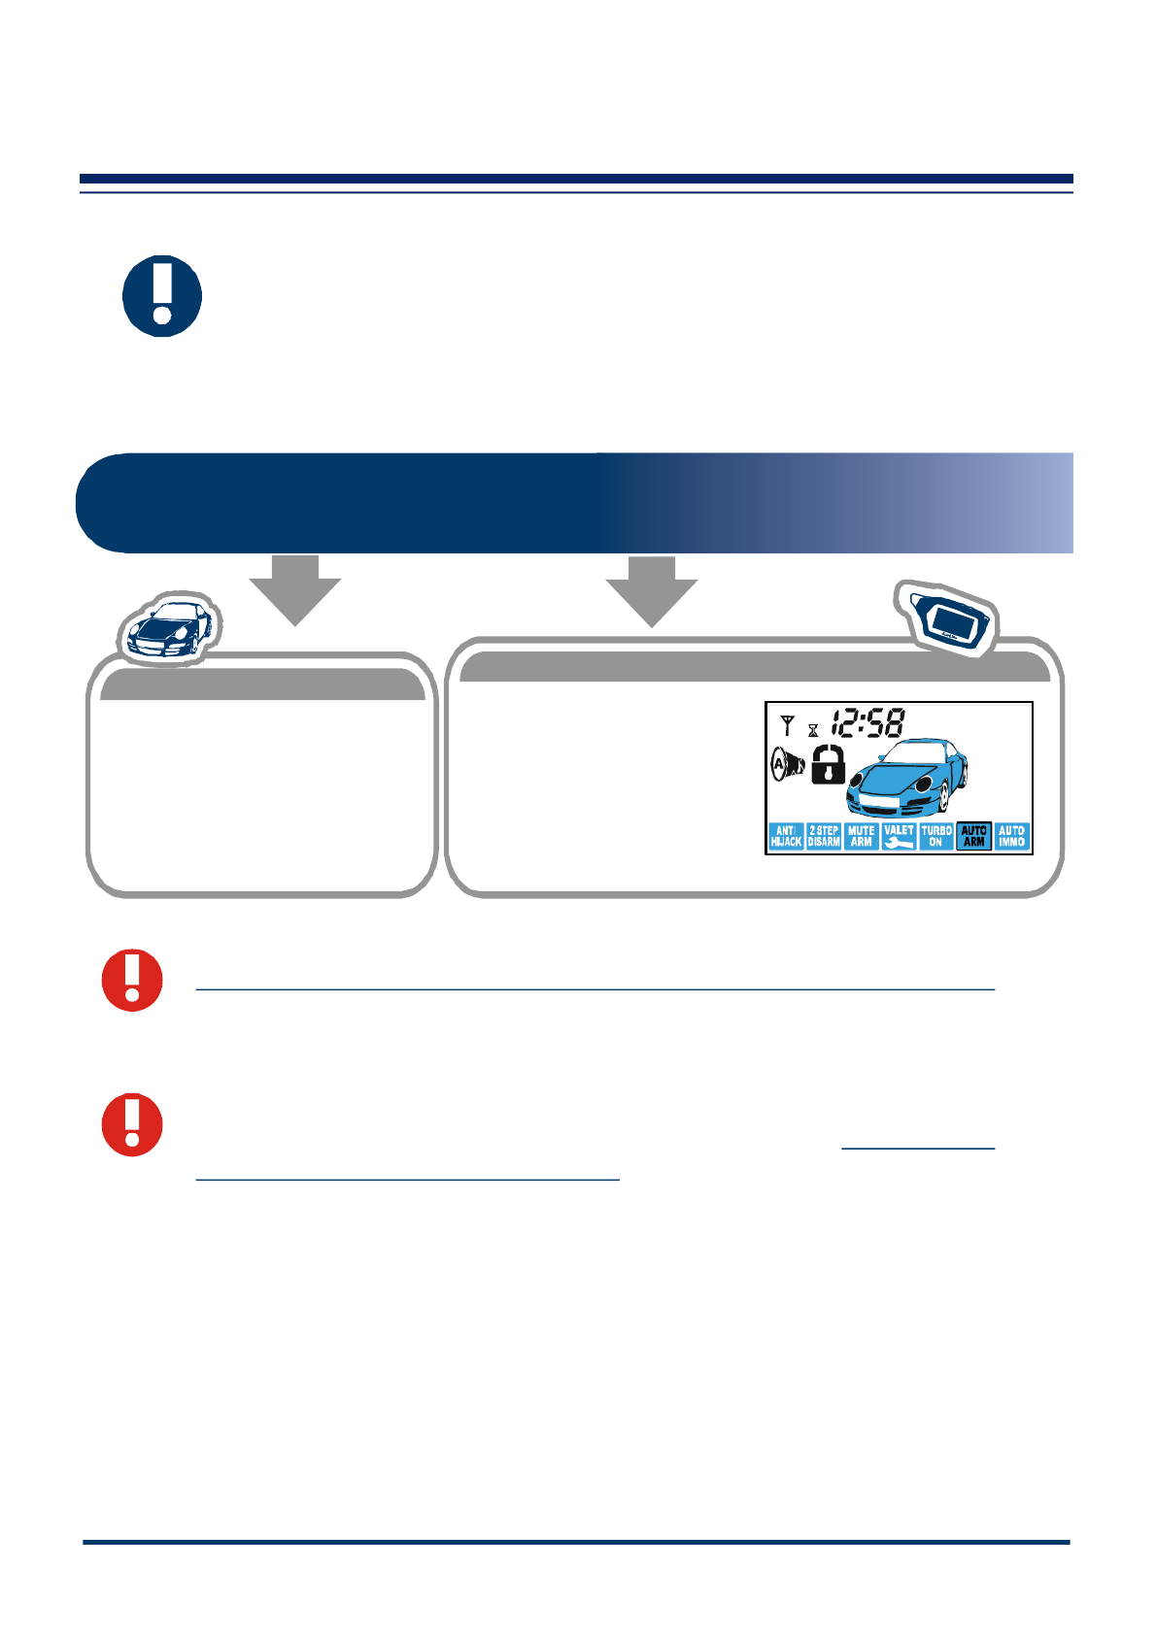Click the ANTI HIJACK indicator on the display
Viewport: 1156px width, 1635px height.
tap(786, 837)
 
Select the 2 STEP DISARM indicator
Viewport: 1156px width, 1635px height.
tap(824, 837)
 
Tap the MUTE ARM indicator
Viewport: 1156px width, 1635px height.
tap(861, 837)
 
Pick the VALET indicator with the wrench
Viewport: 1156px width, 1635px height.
tap(899, 837)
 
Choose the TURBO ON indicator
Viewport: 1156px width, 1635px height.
tap(936, 837)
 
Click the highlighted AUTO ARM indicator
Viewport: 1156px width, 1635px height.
tap(973, 837)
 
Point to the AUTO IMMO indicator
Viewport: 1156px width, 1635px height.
tap(1011, 837)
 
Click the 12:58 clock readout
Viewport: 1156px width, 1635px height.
tap(867, 723)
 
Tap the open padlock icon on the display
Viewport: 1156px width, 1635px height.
tap(828, 764)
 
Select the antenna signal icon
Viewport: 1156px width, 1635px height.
tap(787, 724)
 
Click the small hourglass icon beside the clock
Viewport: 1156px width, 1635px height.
tap(813, 730)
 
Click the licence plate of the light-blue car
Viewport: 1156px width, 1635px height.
tap(881, 803)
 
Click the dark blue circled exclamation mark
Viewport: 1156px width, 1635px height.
tap(162, 296)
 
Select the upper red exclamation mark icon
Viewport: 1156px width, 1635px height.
tap(133, 980)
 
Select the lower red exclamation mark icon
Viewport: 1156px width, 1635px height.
tap(133, 1124)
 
